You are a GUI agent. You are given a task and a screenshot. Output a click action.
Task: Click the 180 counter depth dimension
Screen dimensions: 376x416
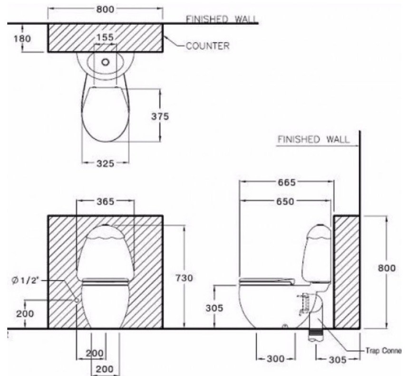pos(22,38)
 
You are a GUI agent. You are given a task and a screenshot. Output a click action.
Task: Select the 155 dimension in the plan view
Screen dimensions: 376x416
pos(105,38)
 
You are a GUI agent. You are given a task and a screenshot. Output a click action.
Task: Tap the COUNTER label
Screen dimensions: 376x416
pos(207,46)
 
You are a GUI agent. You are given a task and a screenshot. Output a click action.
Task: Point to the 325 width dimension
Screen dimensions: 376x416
pos(105,163)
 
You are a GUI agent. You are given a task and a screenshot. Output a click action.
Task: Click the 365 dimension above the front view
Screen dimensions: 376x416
pos(105,201)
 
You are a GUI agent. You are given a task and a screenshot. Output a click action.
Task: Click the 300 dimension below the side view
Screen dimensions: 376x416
pos(275,359)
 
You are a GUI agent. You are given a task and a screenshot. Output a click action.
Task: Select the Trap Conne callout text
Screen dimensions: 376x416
pos(383,351)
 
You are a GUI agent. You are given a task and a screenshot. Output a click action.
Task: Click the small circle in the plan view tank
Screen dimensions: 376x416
pos(106,62)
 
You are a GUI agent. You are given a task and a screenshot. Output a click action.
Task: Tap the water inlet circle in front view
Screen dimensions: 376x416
pos(77,301)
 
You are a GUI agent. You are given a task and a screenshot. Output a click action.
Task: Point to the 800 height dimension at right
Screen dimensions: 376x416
pos(387,268)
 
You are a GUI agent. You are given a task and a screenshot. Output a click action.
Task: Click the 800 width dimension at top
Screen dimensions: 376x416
pos(106,9)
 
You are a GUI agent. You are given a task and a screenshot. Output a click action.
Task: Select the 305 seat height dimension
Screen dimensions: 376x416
pos(214,308)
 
